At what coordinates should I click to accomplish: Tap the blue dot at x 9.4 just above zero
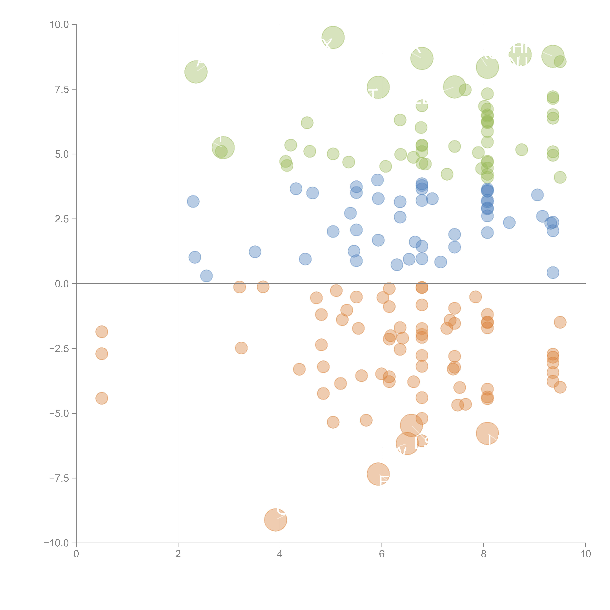tap(553, 272)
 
